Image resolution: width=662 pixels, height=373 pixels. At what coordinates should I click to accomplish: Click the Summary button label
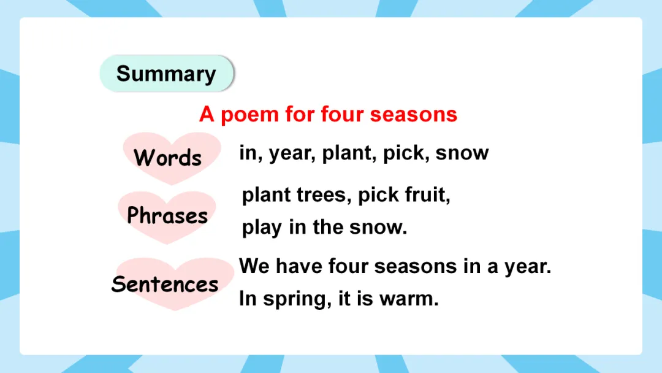point(166,74)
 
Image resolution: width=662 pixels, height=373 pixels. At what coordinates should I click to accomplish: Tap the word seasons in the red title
point(413,115)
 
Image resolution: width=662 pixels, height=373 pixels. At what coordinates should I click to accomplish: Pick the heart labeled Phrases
point(167,217)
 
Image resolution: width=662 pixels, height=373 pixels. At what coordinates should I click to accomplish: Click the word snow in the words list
point(462,153)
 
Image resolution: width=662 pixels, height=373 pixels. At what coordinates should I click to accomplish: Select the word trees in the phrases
point(324,194)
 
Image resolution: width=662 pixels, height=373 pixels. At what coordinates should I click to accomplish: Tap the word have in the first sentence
point(299,266)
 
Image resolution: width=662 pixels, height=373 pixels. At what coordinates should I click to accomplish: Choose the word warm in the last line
point(409,299)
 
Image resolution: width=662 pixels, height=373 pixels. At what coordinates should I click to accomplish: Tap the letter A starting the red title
point(207,114)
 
